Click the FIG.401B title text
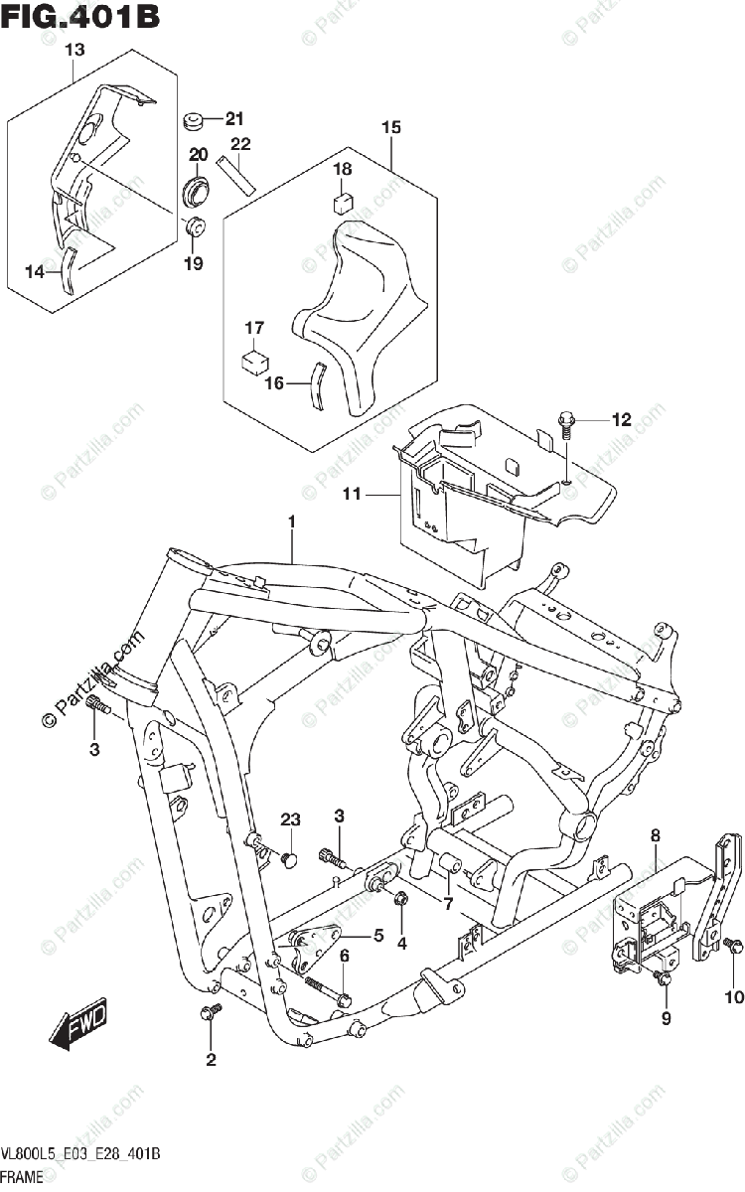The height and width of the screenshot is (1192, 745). (79, 17)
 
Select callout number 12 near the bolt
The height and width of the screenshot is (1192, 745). (621, 420)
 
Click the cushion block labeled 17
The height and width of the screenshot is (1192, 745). (255, 360)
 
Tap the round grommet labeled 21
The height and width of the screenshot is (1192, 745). (194, 122)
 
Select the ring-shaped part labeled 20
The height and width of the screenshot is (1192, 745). (197, 190)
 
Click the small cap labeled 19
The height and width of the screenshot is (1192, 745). (195, 226)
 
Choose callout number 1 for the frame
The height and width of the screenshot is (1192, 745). (292, 521)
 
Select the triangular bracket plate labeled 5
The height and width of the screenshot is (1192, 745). (314, 940)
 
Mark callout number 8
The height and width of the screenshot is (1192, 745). (655, 836)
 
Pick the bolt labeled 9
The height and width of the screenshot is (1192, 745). (665, 980)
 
